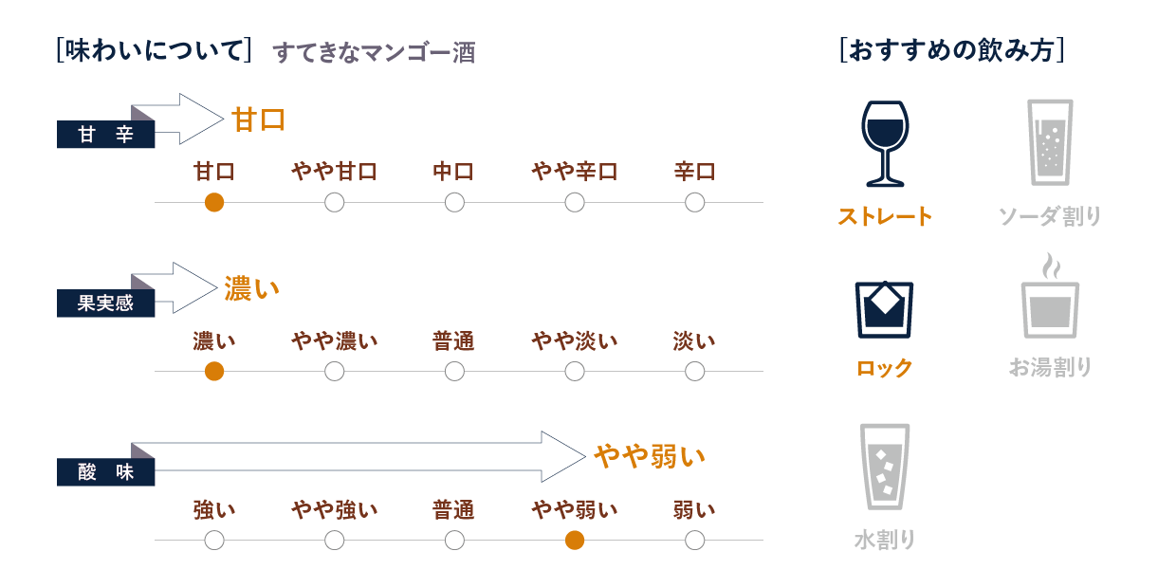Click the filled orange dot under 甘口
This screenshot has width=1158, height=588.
[x=214, y=202]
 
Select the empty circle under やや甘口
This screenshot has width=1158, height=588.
[x=334, y=202]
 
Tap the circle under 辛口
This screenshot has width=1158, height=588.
[x=694, y=202]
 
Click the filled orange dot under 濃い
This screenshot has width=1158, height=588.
[x=214, y=372]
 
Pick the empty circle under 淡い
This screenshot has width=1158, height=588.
[x=694, y=372]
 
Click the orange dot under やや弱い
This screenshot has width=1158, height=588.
[x=574, y=541]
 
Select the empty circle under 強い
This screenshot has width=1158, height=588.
[x=214, y=541]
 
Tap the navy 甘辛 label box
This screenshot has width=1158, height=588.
[x=105, y=136]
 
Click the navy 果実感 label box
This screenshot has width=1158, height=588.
[x=105, y=304]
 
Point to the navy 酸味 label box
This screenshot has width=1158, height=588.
[x=105, y=472]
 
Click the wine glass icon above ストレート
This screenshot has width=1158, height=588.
[x=884, y=143]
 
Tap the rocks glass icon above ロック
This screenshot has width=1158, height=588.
[x=884, y=308]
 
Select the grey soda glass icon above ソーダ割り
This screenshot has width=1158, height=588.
[x=1050, y=141]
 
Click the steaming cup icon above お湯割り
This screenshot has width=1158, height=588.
[x=1050, y=298]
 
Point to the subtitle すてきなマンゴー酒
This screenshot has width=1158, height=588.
[x=374, y=53]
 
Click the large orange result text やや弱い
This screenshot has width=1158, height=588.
[x=650, y=457]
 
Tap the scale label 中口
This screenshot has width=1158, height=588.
[x=453, y=172]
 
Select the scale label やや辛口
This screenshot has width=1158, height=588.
[x=574, y=172]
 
